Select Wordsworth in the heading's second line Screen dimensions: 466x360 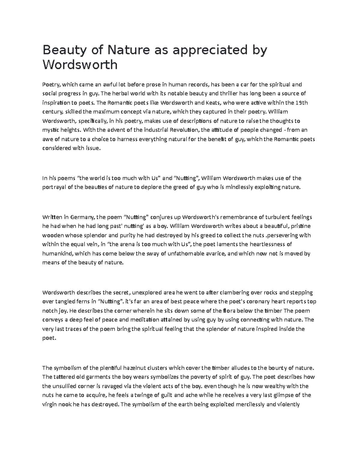pyautogui.click(x=80, y=65)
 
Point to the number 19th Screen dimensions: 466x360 pyautogui.click(x=301, y=103)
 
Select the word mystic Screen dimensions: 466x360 pyautogui.click(x=50, y=130)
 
